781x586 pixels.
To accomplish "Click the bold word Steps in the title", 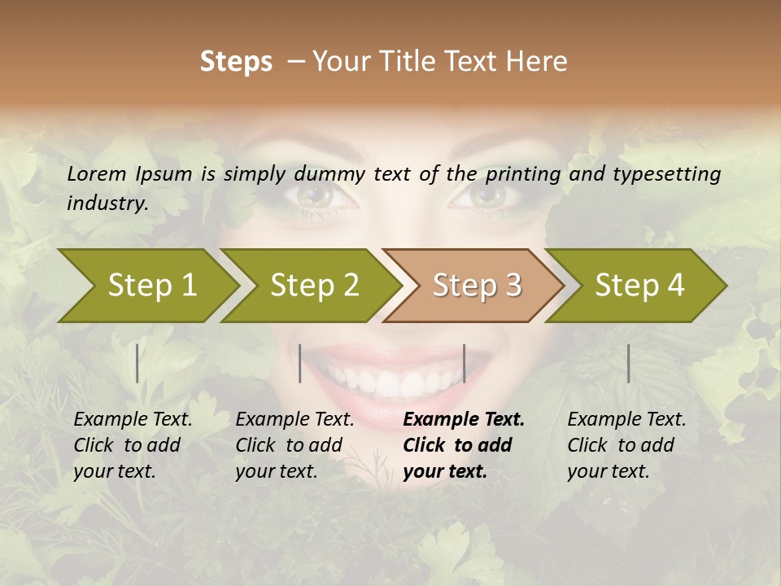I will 236,62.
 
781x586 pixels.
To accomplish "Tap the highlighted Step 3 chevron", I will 477,285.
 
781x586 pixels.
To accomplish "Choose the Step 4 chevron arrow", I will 639,285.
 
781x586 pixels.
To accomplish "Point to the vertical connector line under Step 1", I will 137,363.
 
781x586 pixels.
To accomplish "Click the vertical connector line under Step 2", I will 300,363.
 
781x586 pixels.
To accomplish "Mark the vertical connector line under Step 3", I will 465,363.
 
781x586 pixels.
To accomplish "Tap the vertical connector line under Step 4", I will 629,363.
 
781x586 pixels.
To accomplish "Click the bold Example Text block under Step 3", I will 464,445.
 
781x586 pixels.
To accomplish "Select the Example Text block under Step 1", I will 133,445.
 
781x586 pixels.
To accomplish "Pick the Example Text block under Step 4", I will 626,445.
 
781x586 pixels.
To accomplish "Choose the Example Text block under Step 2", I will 295,445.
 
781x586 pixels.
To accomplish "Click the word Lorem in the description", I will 97,173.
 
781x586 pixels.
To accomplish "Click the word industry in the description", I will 107,203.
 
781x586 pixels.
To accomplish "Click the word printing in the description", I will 519,173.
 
